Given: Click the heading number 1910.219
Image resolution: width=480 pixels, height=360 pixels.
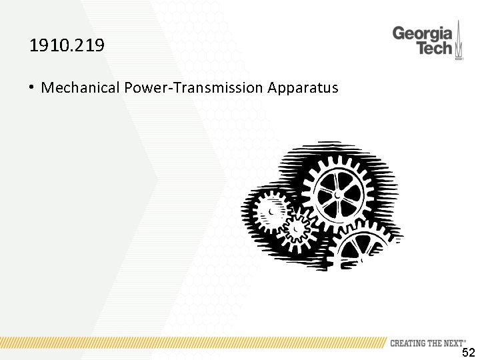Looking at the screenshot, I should (x=67, y=46).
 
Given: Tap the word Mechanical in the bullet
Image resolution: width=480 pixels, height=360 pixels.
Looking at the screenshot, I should (x=81, y=87).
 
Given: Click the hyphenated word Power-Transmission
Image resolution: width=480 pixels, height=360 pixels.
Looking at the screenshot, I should (x=193, y=87).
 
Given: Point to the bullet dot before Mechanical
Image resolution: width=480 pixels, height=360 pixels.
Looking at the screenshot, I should (x=32, y=87).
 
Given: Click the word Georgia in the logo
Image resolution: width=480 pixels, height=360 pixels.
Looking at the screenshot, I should (x=422, y=33).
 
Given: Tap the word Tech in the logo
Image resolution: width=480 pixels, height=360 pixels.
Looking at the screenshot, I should (x=434, y=48).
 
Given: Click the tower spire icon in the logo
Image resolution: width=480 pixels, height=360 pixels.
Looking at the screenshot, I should (x=459, y=40).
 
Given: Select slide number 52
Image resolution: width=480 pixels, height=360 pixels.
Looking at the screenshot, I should (x=469, y=353).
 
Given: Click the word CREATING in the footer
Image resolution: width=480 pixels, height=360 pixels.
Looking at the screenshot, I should (x=409, y=343).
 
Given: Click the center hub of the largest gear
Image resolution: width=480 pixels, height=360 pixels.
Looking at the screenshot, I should (x=339, y=194).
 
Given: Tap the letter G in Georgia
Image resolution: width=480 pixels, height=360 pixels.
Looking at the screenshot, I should (x=399, y=33).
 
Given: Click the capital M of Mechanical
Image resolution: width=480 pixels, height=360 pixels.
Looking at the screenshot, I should (x=47, y=87).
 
